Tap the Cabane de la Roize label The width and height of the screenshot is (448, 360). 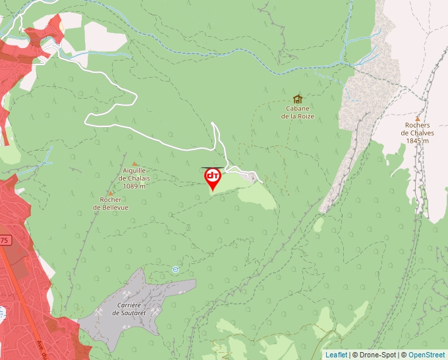pyautogui.click(x=298, y=112)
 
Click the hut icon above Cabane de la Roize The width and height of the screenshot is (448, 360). pyautogui.click(x=298, y=99)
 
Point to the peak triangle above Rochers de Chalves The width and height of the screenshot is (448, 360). pyautogui.click(x=417, y=118)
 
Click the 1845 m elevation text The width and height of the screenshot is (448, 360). pyautogui.click(x=417, y=141)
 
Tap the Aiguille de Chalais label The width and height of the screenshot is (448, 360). pyautogui.click(x=134, y=174)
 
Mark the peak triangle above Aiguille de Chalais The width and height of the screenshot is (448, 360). pyautogui.click(x=135, y=164)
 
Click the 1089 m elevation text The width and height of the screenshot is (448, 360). pyautogui.click(x=134, y=186)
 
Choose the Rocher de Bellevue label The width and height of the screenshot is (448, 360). pyautogui.click(x=111, y=203)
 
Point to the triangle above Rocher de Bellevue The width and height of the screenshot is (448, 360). pyautogui.click(x=111, y=193)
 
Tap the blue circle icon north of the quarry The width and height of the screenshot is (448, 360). pyautogui.click(x=175, y=269)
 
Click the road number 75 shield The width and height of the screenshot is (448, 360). pyautogui.click(x=4, y=241)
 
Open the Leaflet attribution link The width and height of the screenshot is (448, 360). pyautogui.click(x=336, y=355)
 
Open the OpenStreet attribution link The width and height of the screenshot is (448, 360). pyautogui.click(x=426, y=355)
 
